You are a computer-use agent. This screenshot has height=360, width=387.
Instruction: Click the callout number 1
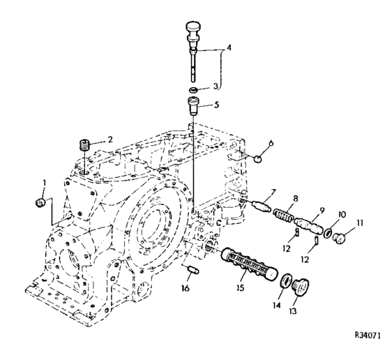point(45,183)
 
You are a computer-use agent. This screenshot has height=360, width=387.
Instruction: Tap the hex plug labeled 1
point(40,203)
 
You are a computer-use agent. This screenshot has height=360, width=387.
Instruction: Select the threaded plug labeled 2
point(84,144)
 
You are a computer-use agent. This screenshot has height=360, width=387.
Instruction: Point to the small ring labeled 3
point(194,89)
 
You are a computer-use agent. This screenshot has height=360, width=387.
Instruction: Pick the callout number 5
point(216,105)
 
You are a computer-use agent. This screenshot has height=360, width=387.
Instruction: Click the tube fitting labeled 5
point(194,106)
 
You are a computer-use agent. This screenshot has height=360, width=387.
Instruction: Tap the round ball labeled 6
point(258,159)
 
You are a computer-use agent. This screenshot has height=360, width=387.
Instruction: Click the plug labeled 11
point(339,238)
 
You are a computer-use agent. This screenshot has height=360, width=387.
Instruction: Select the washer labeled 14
point(287,280)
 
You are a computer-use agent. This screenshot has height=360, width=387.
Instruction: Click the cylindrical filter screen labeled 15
point(249,264)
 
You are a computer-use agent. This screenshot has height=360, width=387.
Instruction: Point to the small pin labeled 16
point(194,269)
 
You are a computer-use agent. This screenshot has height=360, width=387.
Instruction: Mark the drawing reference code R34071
point(367,336)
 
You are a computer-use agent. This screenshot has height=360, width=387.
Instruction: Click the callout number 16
point(185,287)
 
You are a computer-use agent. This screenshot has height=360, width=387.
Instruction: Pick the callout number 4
point(229,47)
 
